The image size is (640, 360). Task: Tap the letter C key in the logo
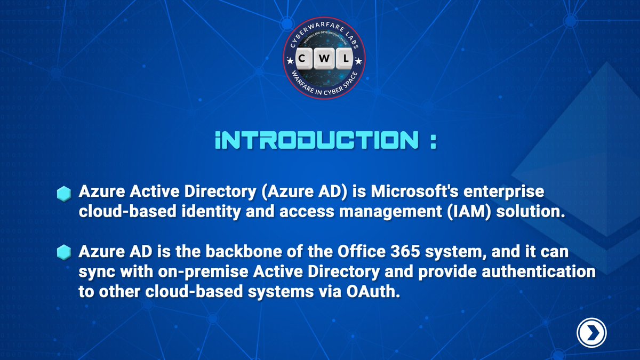pyautogui.click(x=302, y=61)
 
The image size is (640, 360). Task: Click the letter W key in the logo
pyautogui.click(x=324, y=61)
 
